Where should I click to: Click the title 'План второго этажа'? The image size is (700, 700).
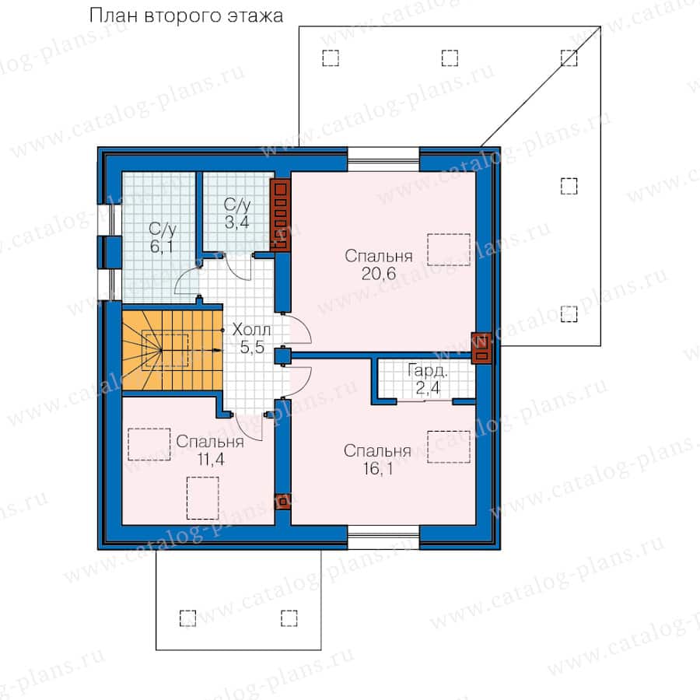click(186, 16)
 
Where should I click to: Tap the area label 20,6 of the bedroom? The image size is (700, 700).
click(379, 273)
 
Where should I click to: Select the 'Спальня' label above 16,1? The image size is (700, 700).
click(377, 451)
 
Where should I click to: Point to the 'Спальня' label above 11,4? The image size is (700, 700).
click(210, 442)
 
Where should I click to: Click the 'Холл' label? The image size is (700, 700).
click(251, 330)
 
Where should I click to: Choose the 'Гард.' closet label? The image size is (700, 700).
click(427, 371)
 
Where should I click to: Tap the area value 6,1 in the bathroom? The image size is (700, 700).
click(162, 246)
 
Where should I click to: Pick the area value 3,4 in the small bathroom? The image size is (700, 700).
click(236, 222)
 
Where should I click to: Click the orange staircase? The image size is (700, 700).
click(173, 351)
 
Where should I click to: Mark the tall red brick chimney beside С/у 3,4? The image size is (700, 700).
click(280, 215)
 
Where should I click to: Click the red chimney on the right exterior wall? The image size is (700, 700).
click(481, 348)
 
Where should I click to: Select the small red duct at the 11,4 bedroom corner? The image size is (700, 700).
click(282, 502)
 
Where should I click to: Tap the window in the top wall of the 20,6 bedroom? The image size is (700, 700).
click(383, 159)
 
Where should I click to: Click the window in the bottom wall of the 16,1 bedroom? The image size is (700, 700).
click(383, 537)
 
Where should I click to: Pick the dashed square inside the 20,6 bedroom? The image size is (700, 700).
click(449, 250)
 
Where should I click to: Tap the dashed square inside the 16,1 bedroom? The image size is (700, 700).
click(449, 446)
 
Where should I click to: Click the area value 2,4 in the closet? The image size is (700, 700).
click(428, 388)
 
